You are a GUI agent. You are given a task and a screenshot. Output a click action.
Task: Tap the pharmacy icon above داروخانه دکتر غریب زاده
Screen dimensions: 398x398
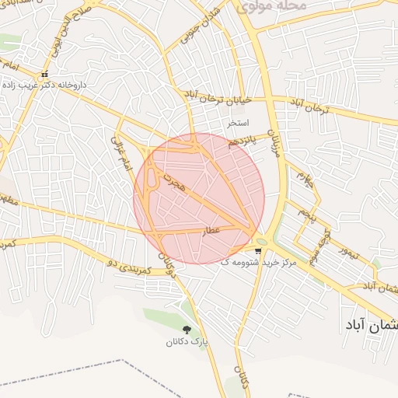coord(44,75)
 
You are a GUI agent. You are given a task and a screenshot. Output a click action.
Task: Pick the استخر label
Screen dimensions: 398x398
coord(238,124)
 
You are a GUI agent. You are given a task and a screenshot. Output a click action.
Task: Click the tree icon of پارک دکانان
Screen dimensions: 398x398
coord(185,330)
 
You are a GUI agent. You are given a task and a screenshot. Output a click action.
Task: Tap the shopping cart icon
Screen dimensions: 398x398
coord(258,250)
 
